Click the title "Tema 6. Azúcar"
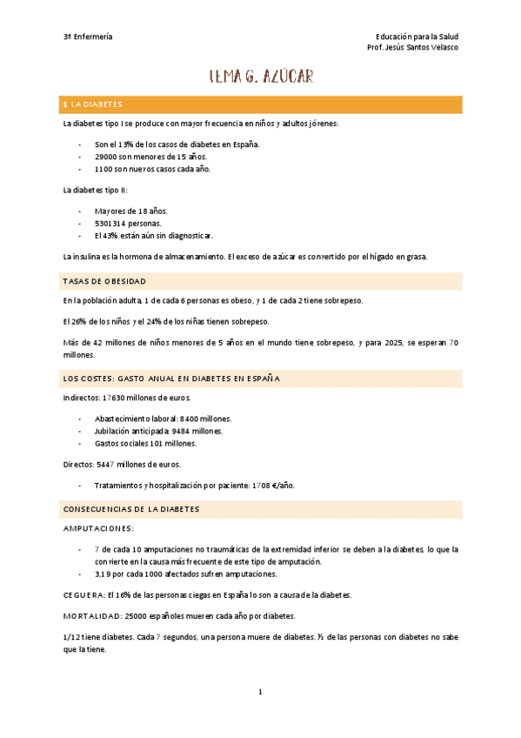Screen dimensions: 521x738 point(261,77)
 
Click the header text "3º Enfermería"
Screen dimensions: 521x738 point(88,37)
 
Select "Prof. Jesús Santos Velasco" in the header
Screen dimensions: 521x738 point(413,47)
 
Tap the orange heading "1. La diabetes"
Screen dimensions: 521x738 point(94,104)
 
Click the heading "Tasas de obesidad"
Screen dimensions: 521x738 point(104,281)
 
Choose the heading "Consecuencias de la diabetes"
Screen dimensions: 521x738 point(132,508)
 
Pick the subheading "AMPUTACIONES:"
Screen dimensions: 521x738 point(98,528)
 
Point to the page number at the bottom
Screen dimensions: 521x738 point(260,692)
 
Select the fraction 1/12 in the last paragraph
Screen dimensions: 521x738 point(72,636)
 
